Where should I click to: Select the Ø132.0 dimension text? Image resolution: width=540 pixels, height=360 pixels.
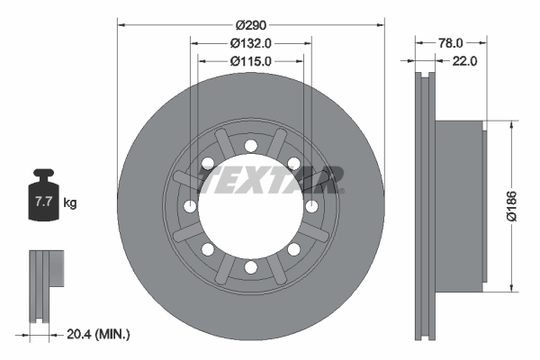coord(251,41)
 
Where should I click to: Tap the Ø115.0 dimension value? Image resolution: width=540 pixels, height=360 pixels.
coord(251,60)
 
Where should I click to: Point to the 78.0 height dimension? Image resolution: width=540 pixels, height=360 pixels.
coord(451,41)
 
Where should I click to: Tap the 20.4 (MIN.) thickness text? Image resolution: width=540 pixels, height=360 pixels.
coord(99,334)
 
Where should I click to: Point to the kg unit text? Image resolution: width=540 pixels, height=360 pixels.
coord(70,202)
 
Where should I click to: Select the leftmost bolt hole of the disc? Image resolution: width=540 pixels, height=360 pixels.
coord(190,206)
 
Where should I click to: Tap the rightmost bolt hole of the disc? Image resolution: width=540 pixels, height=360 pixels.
coord(311,206)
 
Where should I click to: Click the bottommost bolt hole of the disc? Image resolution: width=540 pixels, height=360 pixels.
coord(251,267)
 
